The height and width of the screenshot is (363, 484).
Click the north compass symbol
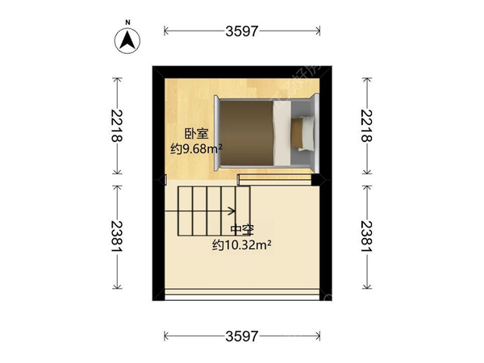pos(127,38)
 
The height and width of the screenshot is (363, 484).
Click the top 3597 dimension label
pos(241,31)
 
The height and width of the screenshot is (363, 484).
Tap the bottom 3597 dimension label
pos(241,333)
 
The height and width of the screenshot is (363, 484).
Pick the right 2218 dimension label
pos(368,127)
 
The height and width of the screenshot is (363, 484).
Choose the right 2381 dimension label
pos(368,239)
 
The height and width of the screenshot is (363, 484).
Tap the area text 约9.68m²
pos(196,148)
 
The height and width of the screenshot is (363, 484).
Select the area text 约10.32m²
pos(240,243)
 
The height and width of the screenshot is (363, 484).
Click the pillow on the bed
pos(303,132)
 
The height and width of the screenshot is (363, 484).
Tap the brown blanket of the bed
pos(246,133)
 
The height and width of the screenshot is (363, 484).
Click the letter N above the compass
pos(127,22)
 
